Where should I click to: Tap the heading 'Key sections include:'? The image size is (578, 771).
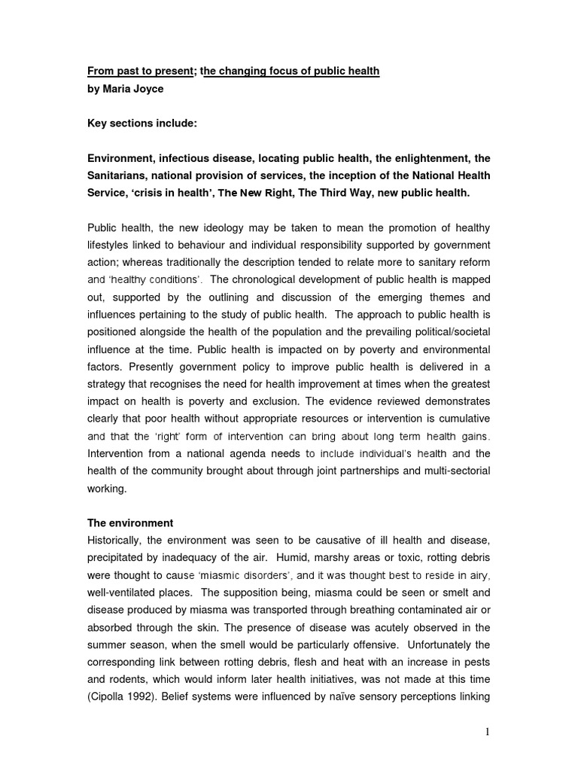139,124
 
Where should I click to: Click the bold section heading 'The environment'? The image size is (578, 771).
130,523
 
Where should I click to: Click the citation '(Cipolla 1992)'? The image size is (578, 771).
123,696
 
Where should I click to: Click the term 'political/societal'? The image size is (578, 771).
443,331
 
